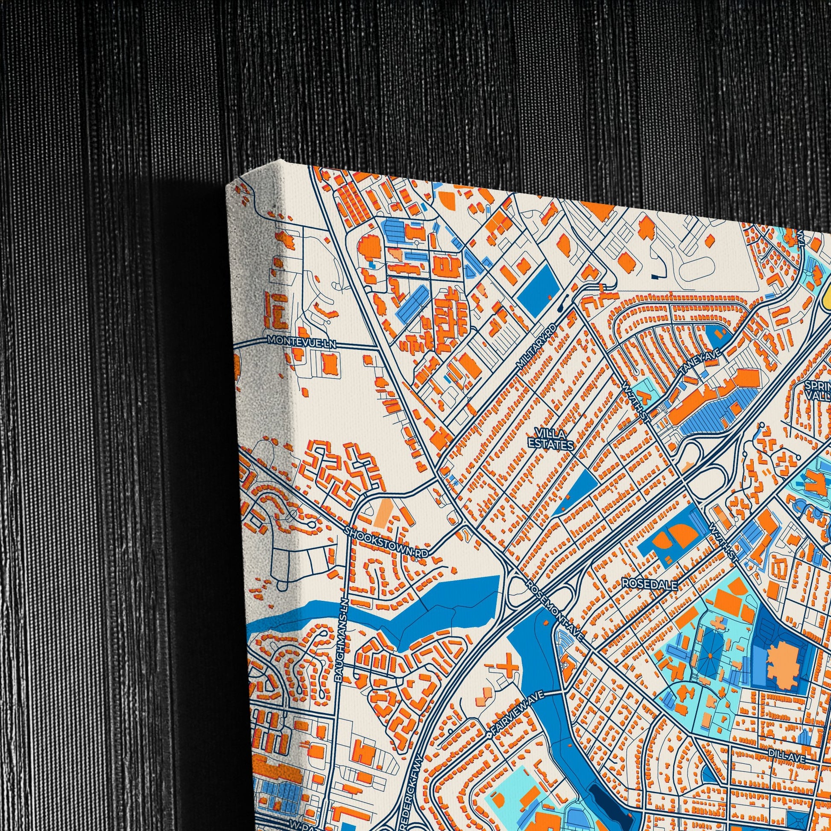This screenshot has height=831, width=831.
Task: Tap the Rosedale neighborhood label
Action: (x=650, y=584)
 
